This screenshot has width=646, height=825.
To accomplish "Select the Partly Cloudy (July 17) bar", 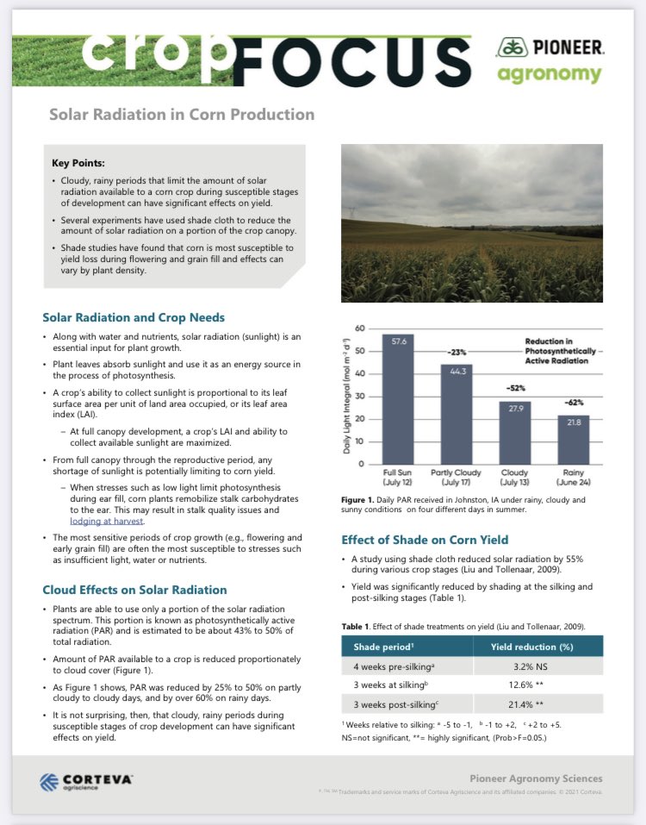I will pos(456,415).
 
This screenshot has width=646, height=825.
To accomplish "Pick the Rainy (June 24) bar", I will pos(573,440).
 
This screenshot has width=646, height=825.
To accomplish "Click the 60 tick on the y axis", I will pos(360,329).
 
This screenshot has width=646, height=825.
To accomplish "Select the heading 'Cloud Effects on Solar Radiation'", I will pos(134,590).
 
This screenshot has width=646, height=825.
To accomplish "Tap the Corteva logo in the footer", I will pos(86,781).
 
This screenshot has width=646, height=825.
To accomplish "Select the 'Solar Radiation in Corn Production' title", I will pos(181,115).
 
